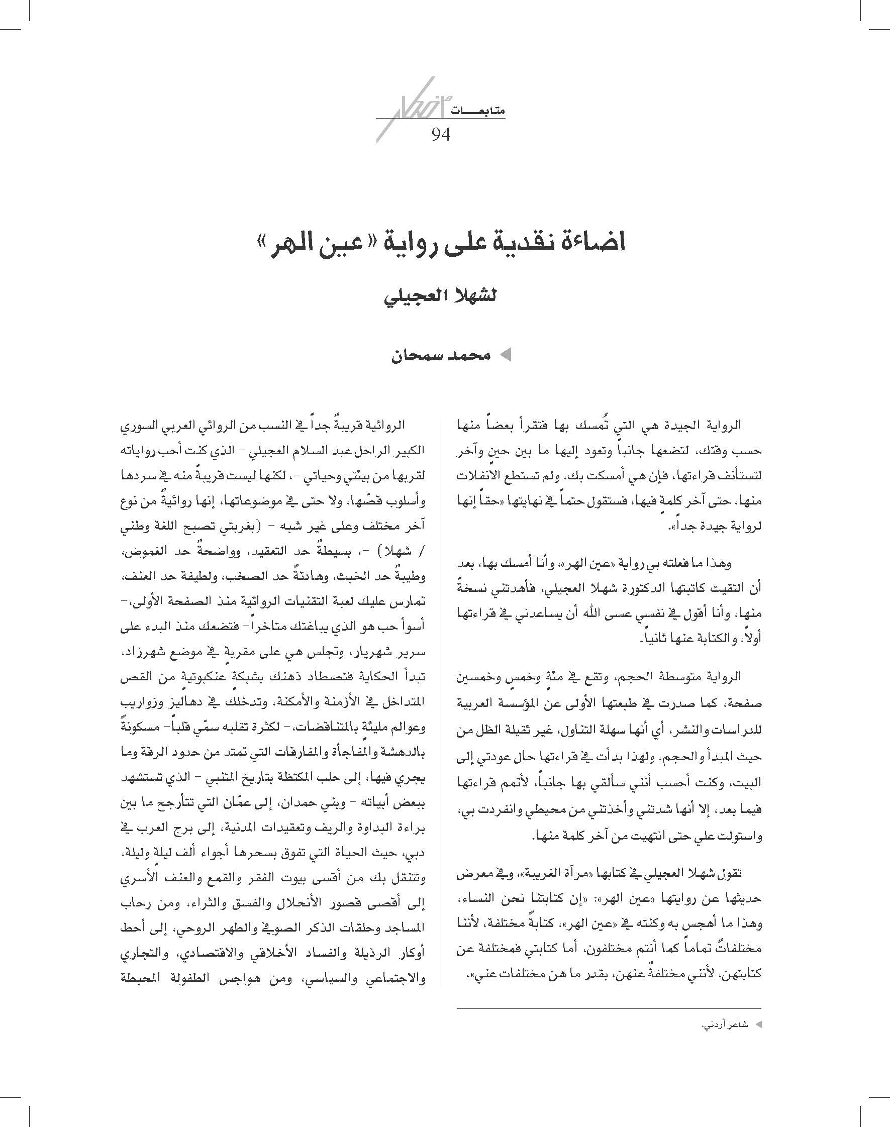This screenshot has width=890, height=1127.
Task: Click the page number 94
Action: pos(440,135)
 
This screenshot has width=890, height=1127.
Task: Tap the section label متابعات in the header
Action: pos(484,111)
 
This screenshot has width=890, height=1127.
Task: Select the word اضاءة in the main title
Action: pos(592,243)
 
